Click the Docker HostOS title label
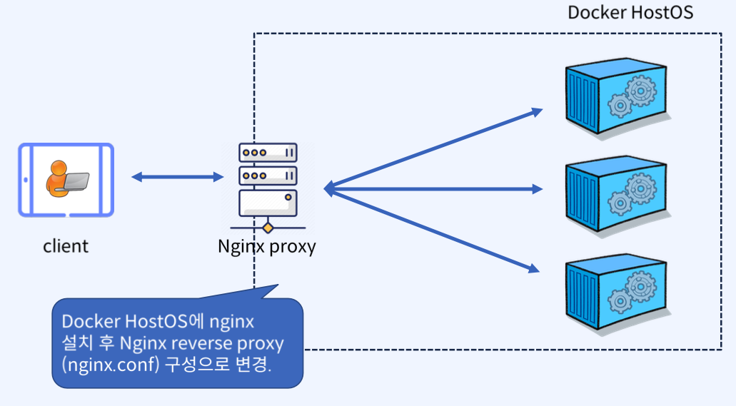point(630,13)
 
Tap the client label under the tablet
point(66,246)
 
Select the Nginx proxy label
point(266,247)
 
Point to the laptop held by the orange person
point(76,182)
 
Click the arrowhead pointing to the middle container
point(538,189)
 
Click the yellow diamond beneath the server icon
point(268,228)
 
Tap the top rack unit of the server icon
point(268,153)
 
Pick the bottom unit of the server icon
point(268,203)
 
